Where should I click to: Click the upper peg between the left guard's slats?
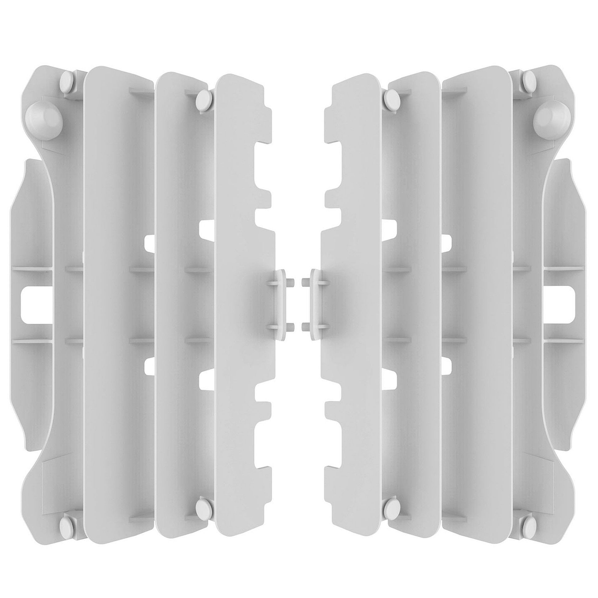tap(205, 98)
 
